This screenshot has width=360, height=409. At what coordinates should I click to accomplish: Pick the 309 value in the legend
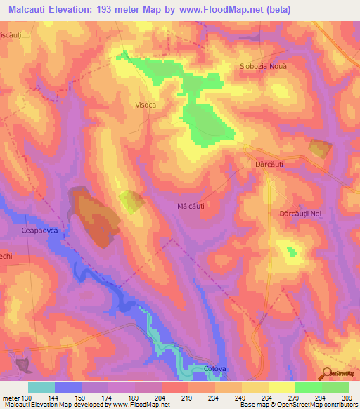[x=347, y=397]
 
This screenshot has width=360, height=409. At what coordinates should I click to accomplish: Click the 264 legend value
[x=268, y=397]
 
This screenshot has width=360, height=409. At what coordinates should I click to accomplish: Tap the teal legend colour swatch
[x=41, y=387]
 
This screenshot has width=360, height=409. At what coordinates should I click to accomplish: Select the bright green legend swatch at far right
[x=335, y=387]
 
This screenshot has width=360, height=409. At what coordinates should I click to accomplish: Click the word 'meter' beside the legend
[x=11, y=397]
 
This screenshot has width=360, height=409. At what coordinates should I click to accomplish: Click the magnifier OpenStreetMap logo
[x=328, y=372]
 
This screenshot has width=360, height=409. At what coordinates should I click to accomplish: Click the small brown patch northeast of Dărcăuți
[x=319, y=148]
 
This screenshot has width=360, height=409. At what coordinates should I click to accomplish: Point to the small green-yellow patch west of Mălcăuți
[x=131, y=201]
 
